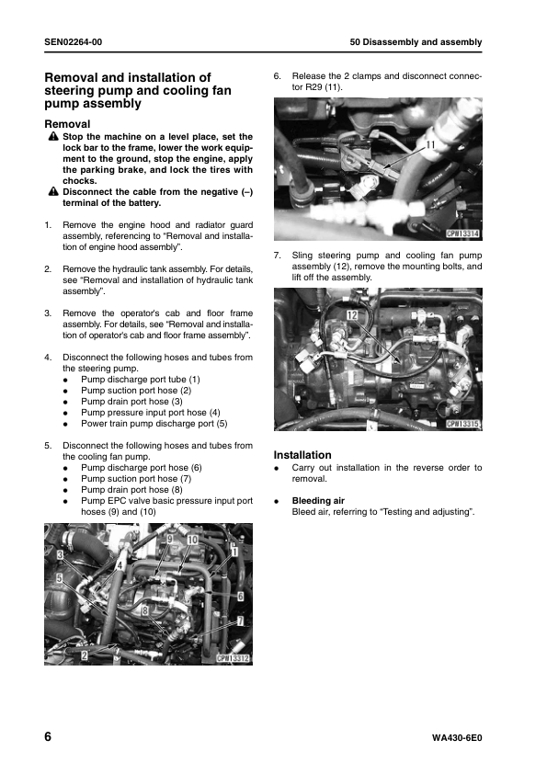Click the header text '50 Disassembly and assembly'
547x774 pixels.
416,43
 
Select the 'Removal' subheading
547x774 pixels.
67,123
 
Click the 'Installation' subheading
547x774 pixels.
302,455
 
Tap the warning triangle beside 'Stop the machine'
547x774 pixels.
53,137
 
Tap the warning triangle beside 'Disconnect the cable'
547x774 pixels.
53,191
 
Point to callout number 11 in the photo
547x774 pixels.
429,145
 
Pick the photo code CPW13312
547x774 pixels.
234,658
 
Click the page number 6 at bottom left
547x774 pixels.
49,739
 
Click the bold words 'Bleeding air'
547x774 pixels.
318,500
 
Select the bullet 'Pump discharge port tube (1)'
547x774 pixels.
140,379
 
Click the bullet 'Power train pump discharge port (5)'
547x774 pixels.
154,423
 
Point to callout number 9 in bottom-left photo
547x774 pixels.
168,536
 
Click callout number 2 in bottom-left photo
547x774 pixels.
84,656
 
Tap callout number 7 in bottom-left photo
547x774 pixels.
240,621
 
